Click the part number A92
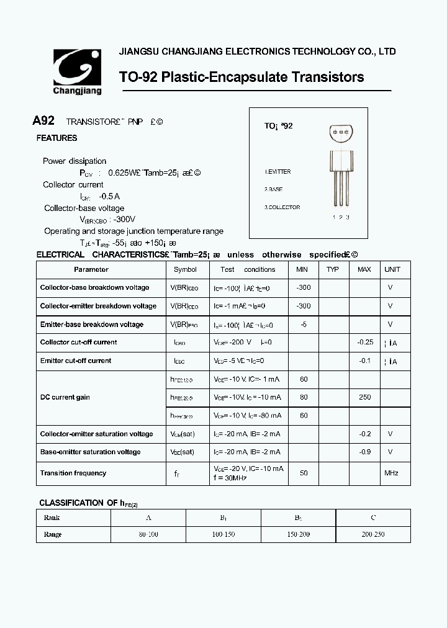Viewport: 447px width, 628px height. (x=43, y=121)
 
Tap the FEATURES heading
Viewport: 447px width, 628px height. (x=56, y=138)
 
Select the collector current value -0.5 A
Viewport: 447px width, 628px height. (x=110, y=196)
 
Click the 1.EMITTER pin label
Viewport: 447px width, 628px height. (x=278, y=172)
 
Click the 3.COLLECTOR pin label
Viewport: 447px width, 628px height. (x=282, y=207)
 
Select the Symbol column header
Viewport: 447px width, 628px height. (x=185, y=269)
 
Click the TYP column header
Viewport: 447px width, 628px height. (x=333, y=269)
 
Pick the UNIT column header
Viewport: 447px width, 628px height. (x=392, y=269)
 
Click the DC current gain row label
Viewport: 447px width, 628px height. (x=65, y=397)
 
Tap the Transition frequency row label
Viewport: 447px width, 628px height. (x=73, y=473)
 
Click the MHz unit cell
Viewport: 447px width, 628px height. (x=391, y=473)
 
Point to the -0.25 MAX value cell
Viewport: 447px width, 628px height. (x=365, y=342)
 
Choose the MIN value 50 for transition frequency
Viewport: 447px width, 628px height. (x=304, y=473)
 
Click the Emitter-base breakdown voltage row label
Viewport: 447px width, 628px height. (x=91, y=325)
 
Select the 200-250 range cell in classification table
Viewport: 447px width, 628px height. (x=372, y=534)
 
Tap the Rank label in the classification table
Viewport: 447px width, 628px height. (x=52, y=518)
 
